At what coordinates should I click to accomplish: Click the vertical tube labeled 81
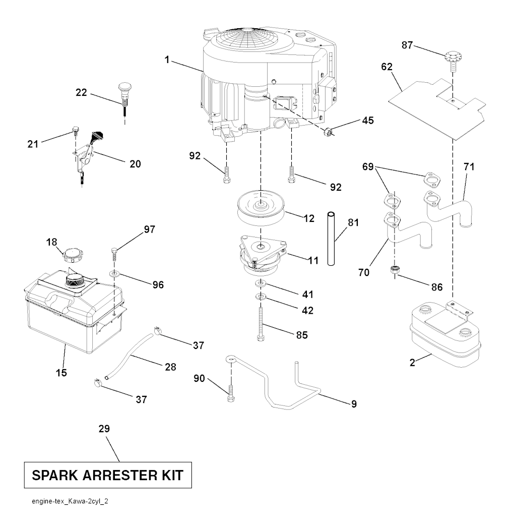coord(330,239)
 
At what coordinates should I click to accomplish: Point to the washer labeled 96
coord(114,273)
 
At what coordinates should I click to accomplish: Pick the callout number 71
coord(469,166)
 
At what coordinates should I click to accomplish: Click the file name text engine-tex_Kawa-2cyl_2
coord(70,503)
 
